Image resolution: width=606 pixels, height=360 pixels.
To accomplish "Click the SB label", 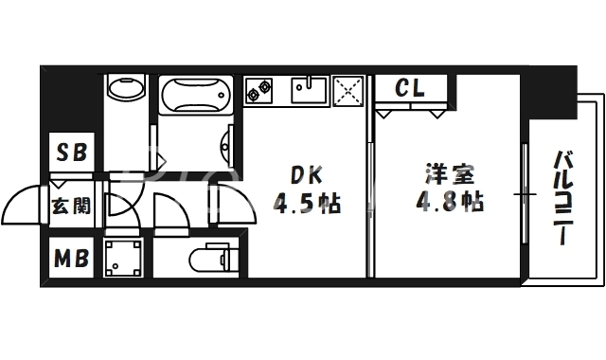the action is pyautogui.click(x=71, y=153).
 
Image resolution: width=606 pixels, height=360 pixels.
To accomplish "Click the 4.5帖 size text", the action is pyautogui.click(x=307, y=203).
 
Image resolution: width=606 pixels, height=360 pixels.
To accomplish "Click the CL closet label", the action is pyautogui.click(x=409, y=88).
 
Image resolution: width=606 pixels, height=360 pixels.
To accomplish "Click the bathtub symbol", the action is pyautogui.click(x=195, y=97).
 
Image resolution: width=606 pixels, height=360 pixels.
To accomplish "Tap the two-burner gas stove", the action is pyautogui.click(x=259, y=90).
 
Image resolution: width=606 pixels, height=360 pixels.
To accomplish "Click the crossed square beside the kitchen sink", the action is pyautogui.click(x=348, y=90).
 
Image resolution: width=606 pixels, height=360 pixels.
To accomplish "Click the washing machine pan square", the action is pyautogui.click(x=123, y=257).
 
